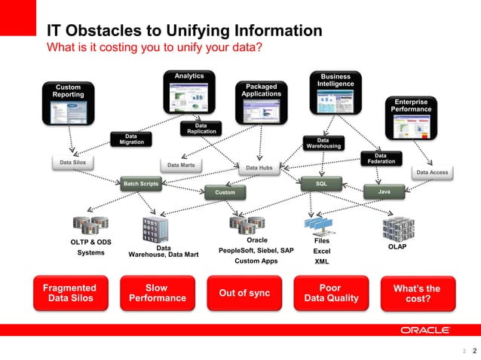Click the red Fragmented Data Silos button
69,293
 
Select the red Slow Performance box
157,293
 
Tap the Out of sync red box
244,293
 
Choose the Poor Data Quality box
330,293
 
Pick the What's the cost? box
417,294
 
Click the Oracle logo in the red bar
425,330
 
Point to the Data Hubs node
259,168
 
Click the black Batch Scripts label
141,183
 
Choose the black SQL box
320,183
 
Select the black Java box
384,192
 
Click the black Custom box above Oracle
225,193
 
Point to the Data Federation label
381,158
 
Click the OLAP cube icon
397,227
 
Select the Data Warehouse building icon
156,230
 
